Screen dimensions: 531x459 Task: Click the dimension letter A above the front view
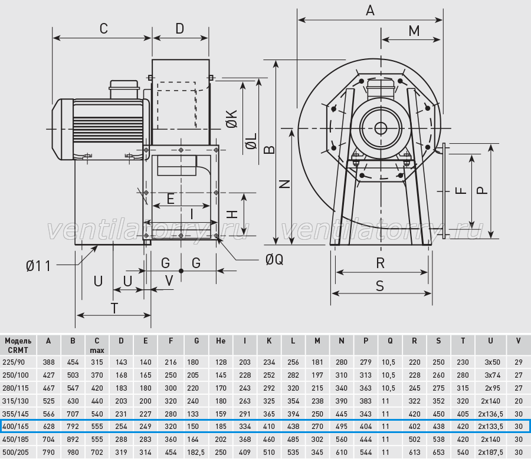[x=370, y=11]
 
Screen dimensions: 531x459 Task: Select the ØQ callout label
[x=274, y=259]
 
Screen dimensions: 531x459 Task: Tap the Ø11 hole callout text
[x=38, y=266]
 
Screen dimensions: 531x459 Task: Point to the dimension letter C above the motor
[x=104, y=29]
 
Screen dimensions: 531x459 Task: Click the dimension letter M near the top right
[x=414, y=31]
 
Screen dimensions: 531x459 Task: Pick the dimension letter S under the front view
[x=380, y=286]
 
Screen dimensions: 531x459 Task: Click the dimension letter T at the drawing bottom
[x=114, y=309]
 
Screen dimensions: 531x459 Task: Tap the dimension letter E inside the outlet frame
[x=171, y=199]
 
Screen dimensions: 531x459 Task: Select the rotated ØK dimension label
[x=232, y=119]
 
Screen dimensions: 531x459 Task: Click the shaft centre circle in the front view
[x=381, y=128]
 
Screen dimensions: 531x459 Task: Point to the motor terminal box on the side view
[x=124, y=90]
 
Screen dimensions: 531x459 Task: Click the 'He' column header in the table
[x=221, y=341]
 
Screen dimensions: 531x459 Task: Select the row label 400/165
[x=15, y=426]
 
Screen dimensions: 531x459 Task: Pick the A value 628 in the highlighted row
[x=49, y=426]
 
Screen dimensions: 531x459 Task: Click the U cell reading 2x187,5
[x=490, y=452]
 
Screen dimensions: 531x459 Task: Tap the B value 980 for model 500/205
[x=73, y=452]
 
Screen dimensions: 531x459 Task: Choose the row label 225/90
[x=14, y=362]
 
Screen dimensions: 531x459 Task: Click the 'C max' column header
[x=97, y=345]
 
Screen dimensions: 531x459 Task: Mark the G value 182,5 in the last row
[x=196, y=452]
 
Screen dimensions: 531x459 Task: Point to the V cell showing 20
[x=519, y=401]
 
